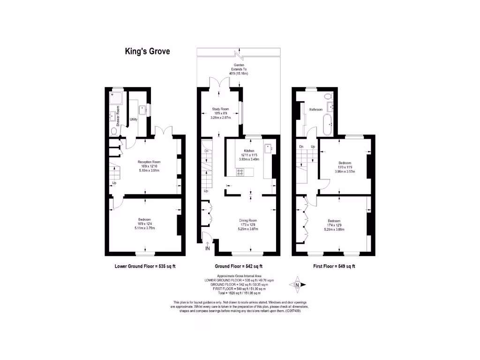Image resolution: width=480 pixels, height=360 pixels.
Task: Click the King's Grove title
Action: tap(147, 51)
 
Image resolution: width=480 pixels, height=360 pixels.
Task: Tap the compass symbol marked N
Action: tap(297, 284)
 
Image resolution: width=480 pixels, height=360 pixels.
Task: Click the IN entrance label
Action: tap(208, 248)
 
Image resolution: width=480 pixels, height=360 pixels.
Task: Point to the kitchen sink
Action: tap(268, 149)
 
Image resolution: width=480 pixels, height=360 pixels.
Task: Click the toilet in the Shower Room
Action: tap(114, 130)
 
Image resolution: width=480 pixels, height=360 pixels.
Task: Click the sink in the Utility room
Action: tap(143, 109)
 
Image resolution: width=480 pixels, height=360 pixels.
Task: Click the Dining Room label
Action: tap(248, 220)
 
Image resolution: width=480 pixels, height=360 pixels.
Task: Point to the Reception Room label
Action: tap(146, 162)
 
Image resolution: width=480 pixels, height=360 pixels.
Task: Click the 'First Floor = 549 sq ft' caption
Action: tap(334, 266)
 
